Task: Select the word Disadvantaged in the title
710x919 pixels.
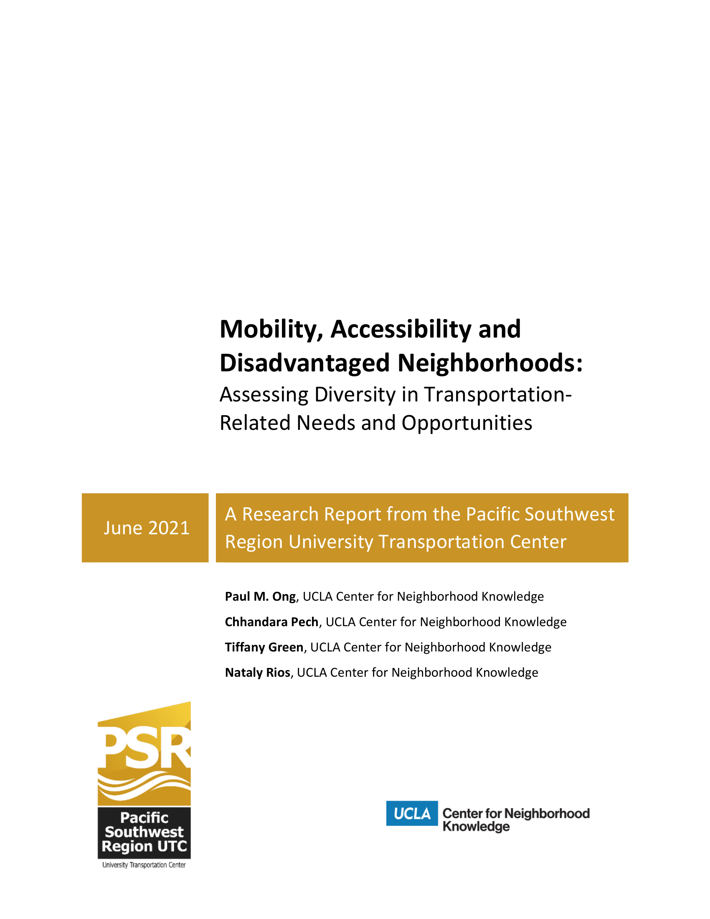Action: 304,363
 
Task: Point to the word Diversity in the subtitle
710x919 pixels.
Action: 355,395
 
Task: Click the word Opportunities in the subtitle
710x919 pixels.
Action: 467,423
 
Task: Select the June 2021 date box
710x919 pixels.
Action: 145,528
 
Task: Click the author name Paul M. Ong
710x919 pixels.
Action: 260,597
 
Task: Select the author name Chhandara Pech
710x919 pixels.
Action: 272,622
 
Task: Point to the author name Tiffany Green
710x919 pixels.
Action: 264,647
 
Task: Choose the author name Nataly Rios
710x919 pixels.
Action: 257,673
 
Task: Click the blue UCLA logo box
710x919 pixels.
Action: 412,813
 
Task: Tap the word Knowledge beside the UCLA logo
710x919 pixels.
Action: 476,826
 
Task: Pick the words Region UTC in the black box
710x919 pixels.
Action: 144,846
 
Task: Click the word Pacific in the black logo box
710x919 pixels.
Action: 144,817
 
